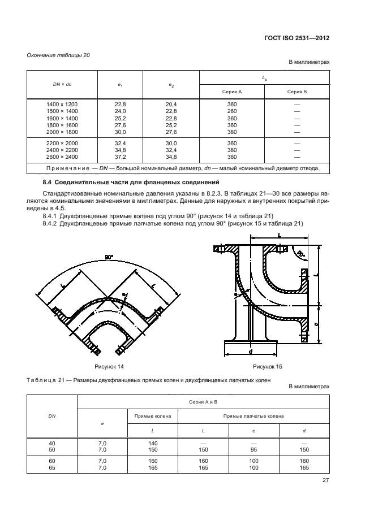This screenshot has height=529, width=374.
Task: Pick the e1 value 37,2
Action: [120, 157]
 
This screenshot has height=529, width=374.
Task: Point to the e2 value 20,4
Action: [171, 105]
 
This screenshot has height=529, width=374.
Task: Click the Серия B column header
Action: [296, 91]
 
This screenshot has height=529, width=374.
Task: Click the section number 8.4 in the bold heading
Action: [48, 181]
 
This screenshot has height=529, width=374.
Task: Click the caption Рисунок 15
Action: [267, 367]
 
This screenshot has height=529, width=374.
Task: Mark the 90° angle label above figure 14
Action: [109, 257]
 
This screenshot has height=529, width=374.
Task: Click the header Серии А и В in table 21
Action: [203, 401]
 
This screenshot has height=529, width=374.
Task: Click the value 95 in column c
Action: [253, 450]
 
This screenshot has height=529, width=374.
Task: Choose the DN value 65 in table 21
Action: [51, 469]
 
